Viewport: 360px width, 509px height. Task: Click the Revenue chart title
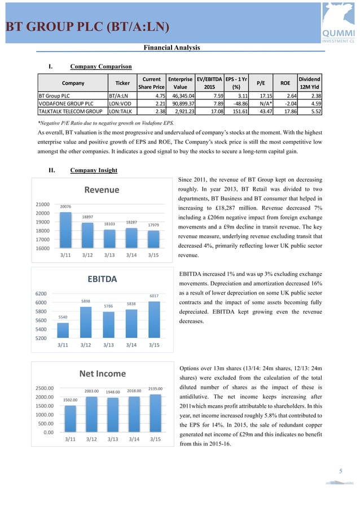pos(102,190)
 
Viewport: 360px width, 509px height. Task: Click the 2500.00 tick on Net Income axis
pos(44,388)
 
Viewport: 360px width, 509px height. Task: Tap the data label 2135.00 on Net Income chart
pos(155,389)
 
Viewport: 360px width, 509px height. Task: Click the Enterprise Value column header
pos(180,84)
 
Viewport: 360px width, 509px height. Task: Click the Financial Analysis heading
pos(172,47)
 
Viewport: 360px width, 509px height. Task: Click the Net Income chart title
pos(102,373)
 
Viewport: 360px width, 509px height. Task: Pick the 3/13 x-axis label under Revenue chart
pos(110,256)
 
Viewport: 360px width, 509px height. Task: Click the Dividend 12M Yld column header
pos(309,84)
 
